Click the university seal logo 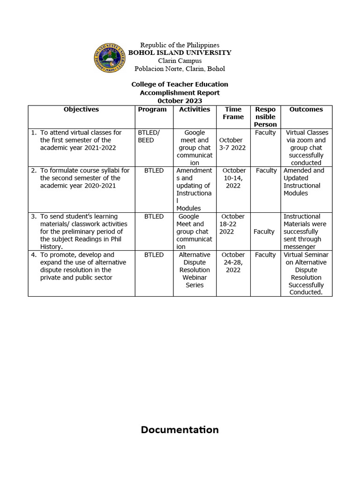(x=110, y=58)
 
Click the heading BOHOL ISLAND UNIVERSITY (x=180, y=53)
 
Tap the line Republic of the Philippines (x=180, y=45)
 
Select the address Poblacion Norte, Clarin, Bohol (x=180, y=69)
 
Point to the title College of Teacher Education (x=180, y=84)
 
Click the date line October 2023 (x=180, y=101)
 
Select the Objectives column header (x=81, y=109)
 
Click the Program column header (x=152, y=109)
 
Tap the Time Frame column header (x=233, y=113)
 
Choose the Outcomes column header (x=306, y=109)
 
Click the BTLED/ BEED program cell (x=149, y=136)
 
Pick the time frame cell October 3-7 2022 (x=232, y=144)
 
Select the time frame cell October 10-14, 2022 (x=233, y=178)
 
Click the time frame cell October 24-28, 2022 (x=233, y=262)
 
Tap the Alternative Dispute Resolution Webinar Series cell (x=195, y=270)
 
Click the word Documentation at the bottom (x=180, y=430)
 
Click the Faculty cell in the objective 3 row (x=264, y=232)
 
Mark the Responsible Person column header (x=265, y=117)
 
